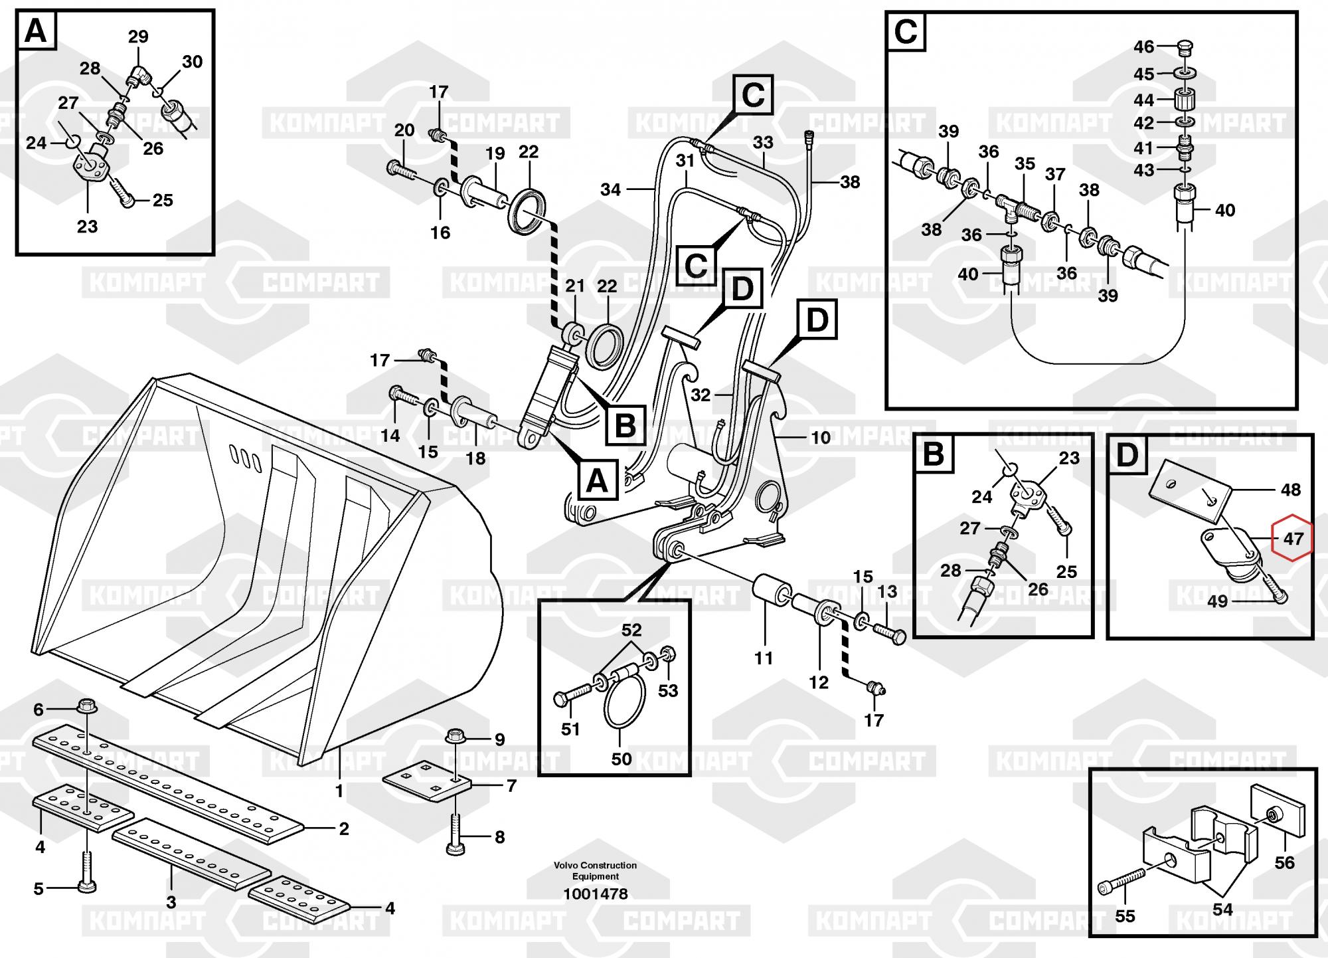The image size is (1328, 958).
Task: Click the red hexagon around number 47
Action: click(1292, 537)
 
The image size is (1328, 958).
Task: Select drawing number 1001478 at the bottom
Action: click(595, 894)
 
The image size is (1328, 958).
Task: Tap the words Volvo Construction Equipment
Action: click(595, 870)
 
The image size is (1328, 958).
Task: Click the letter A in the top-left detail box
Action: click(36, 31)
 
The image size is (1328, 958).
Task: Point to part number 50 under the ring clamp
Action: click(621, 758)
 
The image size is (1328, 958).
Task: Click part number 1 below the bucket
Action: click(339, 791)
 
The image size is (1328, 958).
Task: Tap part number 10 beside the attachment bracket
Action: click(821, 437)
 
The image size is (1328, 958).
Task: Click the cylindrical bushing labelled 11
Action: click(770, 589)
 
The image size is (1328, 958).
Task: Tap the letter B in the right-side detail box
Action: click(934, 454)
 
